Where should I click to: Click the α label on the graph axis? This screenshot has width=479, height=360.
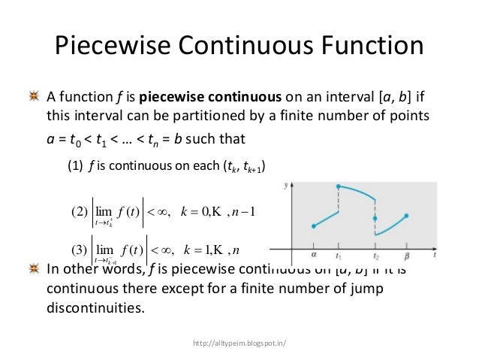[x=314, y=254]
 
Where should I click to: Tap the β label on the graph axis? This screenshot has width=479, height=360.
[x=406, y=254]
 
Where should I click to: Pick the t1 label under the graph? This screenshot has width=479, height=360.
[x=339, y=255]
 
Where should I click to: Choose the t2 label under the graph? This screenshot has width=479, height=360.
[x=376, y=255]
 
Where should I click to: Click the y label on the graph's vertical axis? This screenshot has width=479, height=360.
[x=288, y=184]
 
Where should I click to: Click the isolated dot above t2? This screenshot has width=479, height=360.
[x=375, y=218]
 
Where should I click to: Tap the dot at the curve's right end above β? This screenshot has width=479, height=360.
[x=406, y=216]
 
